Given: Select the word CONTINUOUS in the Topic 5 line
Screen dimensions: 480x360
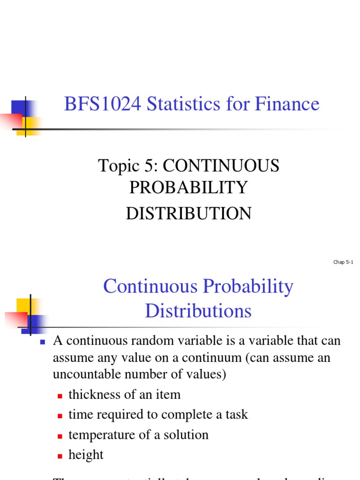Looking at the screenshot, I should click(x=221, y=166).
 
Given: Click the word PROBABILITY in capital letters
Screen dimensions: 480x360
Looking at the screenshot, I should click(x=188, y=187).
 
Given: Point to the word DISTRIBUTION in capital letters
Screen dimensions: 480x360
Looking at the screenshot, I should click(x=188, y=214).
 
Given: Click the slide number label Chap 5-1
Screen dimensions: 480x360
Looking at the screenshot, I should click(x=343, y=262).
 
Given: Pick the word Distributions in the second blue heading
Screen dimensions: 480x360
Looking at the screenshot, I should click(x=198, y=311).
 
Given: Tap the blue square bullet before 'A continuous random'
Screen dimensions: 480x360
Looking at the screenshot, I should click(x=42, y=342).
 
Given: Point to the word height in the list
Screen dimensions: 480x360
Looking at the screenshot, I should click(x=86, y=455).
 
